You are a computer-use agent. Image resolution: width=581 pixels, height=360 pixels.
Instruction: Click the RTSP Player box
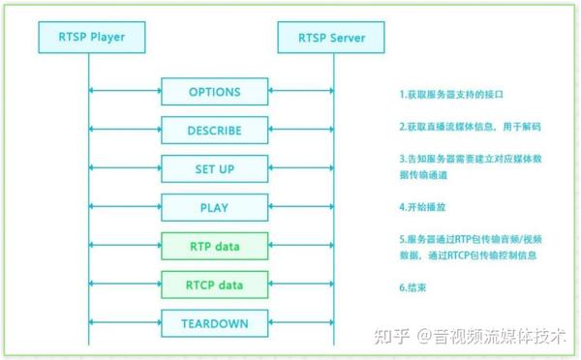88,39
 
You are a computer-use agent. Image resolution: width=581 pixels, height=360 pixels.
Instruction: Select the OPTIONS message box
213,92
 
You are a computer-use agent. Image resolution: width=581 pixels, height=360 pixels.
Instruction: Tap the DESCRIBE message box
213,131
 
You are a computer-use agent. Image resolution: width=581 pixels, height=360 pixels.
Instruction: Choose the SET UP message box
213,169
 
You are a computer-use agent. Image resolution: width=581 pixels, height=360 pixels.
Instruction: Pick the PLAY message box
213,207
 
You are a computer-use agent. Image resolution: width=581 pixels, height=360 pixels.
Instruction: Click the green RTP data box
213,246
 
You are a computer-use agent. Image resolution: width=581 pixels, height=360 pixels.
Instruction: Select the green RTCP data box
213,285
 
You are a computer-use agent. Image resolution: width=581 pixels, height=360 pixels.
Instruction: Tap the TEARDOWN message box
213,322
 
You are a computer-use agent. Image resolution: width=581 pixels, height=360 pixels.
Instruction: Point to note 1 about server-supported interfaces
452,95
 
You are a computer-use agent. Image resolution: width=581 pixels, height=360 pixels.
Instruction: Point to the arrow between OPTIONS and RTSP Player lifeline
125,92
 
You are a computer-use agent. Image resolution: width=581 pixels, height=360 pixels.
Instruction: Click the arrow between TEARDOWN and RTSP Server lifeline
300,322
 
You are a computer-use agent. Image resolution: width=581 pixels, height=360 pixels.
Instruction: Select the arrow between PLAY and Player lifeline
125,207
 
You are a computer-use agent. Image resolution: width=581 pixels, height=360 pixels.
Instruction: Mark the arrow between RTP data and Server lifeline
300,246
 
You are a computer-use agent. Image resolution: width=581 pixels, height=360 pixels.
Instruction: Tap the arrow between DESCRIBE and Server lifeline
300,131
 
